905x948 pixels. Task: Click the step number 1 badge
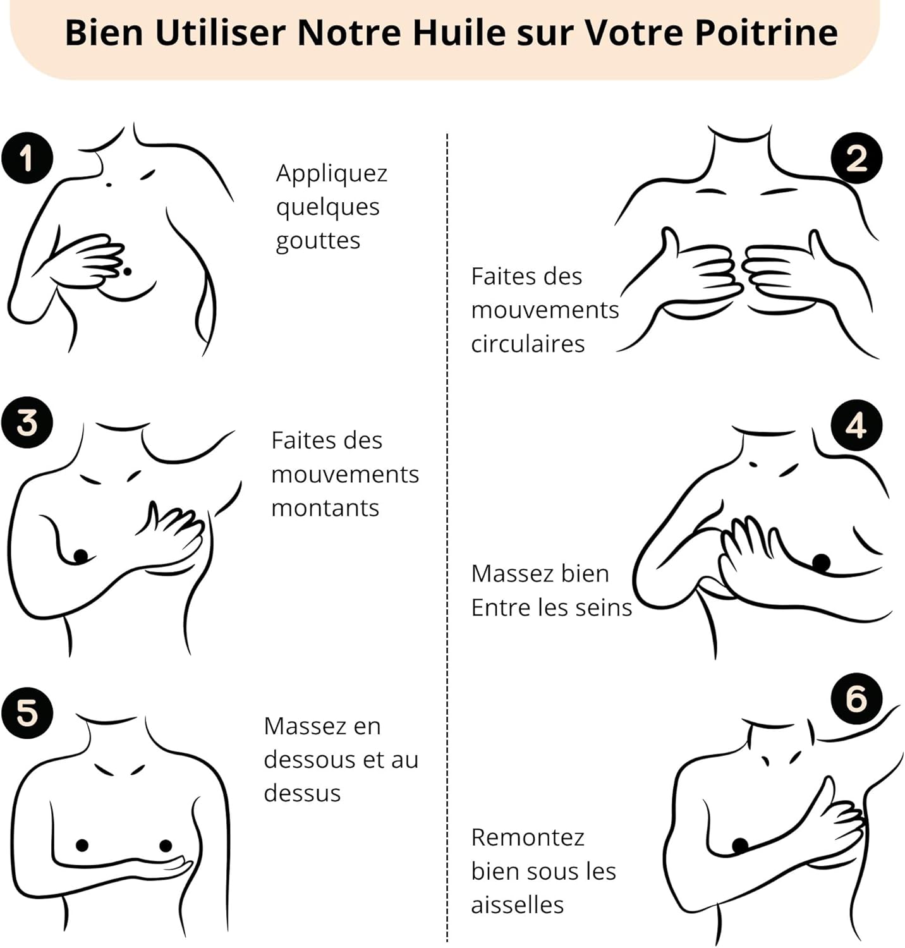[27, 158]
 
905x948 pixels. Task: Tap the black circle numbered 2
[856, 158]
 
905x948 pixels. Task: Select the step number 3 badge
[27, 422]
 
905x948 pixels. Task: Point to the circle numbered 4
[856, 425]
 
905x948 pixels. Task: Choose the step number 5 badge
[27, 713]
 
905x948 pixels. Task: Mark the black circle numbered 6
[856, 698]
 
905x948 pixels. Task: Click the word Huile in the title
[459, 32]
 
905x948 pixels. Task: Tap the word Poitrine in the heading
[766, 32]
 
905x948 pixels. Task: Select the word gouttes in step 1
[318, 241]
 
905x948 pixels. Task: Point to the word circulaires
[528, 344]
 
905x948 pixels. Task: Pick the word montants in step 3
[325, 507]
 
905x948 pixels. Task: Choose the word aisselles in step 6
[517, 904]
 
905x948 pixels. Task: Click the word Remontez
[528, 837]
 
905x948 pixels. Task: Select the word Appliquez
[332, 174]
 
